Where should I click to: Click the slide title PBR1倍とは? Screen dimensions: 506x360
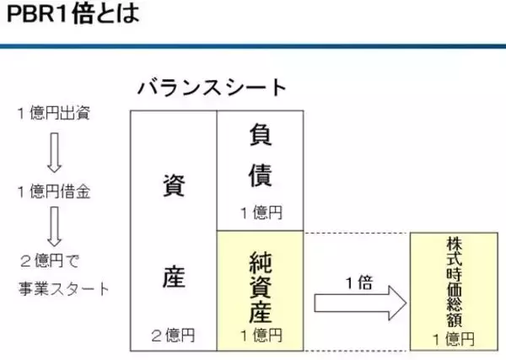point(73,13)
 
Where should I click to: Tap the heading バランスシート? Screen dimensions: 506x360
point(212,88)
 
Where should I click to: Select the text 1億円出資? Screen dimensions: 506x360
point(54,113)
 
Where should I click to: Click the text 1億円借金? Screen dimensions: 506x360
point(54,191)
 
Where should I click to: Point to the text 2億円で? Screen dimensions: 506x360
point(50,261)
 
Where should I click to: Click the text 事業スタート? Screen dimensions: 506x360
point(63,288)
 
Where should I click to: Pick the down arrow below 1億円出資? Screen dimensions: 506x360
point(54,153)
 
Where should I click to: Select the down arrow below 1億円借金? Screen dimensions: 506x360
point(54,227)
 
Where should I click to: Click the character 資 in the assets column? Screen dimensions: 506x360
point(174,185)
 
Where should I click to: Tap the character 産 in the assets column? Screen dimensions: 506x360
point(174,277)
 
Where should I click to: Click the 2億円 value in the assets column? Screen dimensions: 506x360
point(173,336)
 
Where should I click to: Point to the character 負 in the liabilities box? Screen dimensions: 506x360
point(261,135)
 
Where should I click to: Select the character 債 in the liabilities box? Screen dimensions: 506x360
point(261,175)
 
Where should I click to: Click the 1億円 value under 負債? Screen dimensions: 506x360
point(261,213)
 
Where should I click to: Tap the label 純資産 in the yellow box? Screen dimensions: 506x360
point(261,287)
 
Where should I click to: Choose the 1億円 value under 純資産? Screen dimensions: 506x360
point(261,336)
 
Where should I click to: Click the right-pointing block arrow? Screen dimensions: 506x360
point(360,303)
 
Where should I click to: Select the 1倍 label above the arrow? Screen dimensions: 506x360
point(359,283)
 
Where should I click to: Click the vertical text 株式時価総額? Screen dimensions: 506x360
point(455,282)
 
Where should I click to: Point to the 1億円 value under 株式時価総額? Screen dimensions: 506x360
point(454,340)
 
